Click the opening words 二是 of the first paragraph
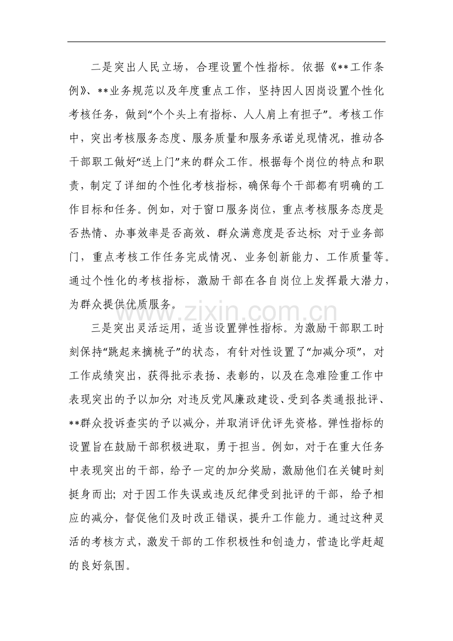click(x=99, y=68)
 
